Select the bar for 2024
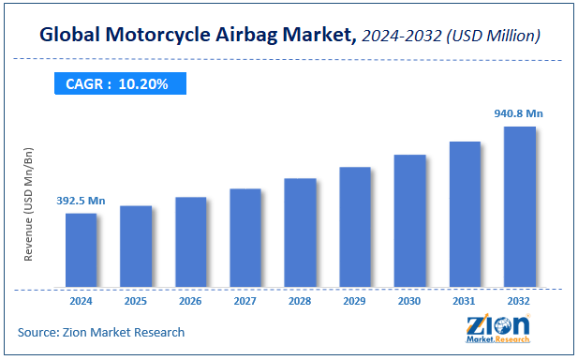pos(81,250)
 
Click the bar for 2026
pos(190,242)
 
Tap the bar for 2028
pos(300,232)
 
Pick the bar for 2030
pos(409,221)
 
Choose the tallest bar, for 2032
pos(519,207)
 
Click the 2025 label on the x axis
pos(135,301)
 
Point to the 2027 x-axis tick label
pos(245,301)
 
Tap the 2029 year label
pos(354,301)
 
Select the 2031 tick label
pos(465,301)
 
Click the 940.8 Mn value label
pos(518,113)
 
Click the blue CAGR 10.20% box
pos(117,83)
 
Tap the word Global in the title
pos(71,36)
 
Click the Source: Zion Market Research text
pos(101,332)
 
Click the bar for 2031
pos(465,215)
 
